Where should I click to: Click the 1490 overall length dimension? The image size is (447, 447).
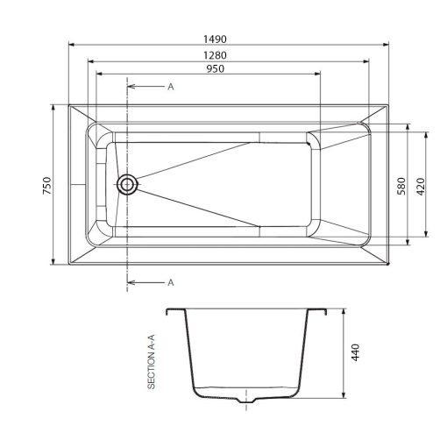(216, 39)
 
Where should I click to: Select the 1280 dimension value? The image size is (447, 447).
(216, 54)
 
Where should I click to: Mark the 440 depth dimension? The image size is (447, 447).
(356, 352)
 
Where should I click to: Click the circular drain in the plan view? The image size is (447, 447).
(128, 184)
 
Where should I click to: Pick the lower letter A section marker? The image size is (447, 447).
(170, 282)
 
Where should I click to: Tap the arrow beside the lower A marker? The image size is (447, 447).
(147, 282)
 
